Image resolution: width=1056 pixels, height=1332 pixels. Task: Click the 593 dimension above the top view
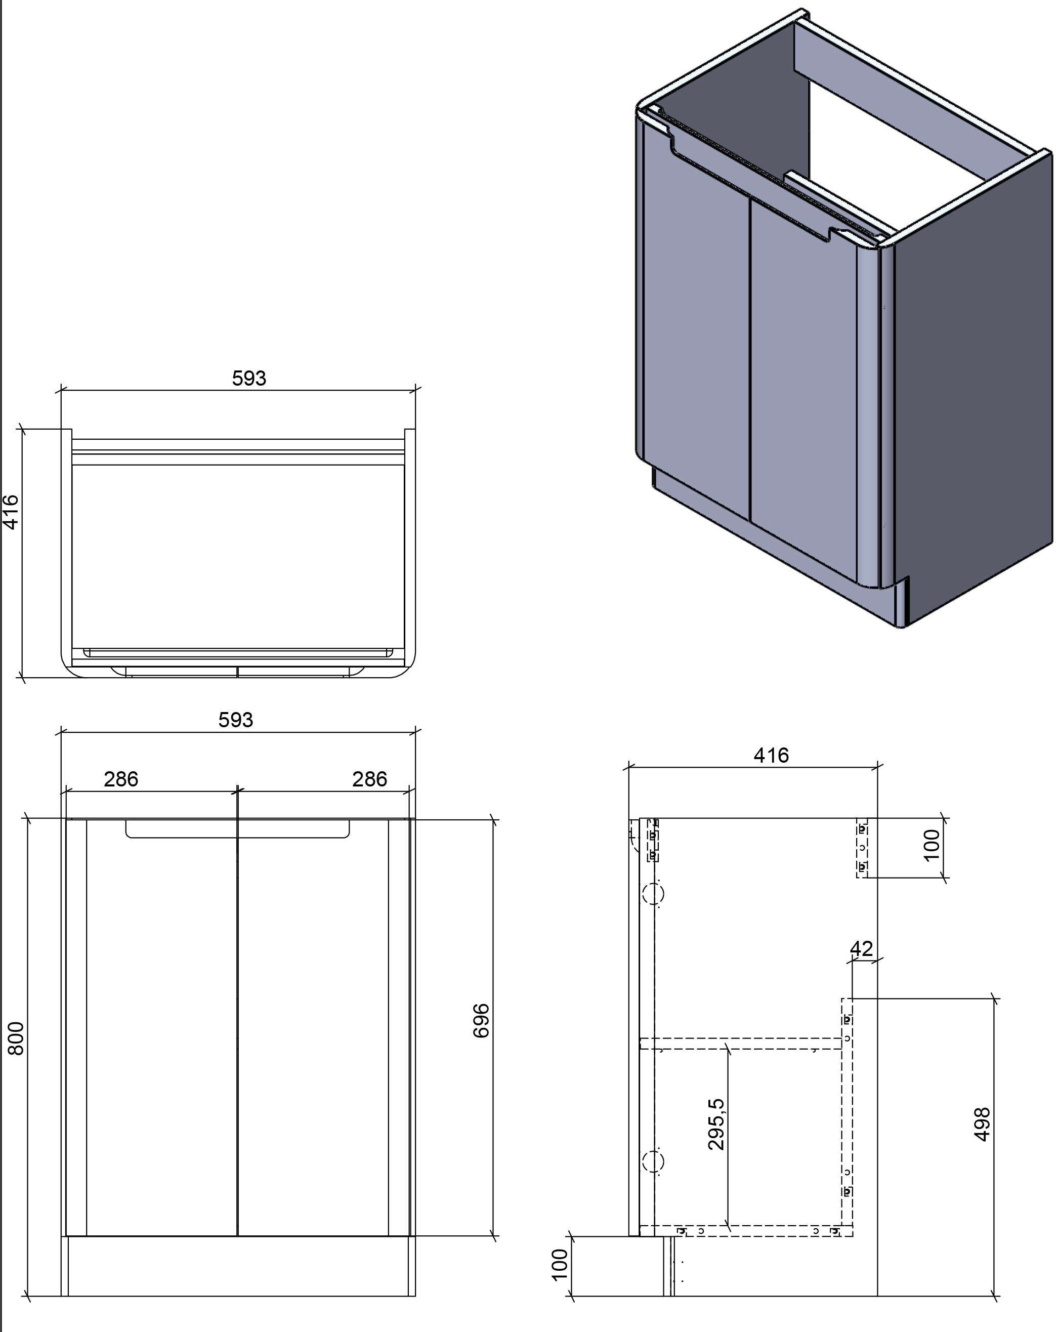(248, 378)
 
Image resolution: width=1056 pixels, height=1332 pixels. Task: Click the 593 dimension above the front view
(235, 720)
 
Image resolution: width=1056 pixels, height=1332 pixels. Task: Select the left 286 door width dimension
(121, 779)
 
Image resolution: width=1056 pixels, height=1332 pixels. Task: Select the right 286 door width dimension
(369, 779)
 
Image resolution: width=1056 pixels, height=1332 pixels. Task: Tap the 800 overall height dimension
(16, 1038)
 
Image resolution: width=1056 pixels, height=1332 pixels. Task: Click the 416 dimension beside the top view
(11, 512)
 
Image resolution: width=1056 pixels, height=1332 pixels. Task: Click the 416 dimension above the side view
(771, 755)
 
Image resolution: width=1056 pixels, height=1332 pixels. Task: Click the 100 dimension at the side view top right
(931, 845)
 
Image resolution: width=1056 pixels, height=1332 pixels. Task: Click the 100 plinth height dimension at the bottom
(559, 1264)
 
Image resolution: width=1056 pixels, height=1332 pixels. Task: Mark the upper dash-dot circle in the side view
(653, 893)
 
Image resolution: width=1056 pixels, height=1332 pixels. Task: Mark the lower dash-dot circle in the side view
(653, 1161)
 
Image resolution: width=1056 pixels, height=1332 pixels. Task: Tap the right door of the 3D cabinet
(803, 389)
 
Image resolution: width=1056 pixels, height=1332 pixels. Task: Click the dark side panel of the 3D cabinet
(973, 395)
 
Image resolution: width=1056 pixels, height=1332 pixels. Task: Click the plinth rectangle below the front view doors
(238, 1265)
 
